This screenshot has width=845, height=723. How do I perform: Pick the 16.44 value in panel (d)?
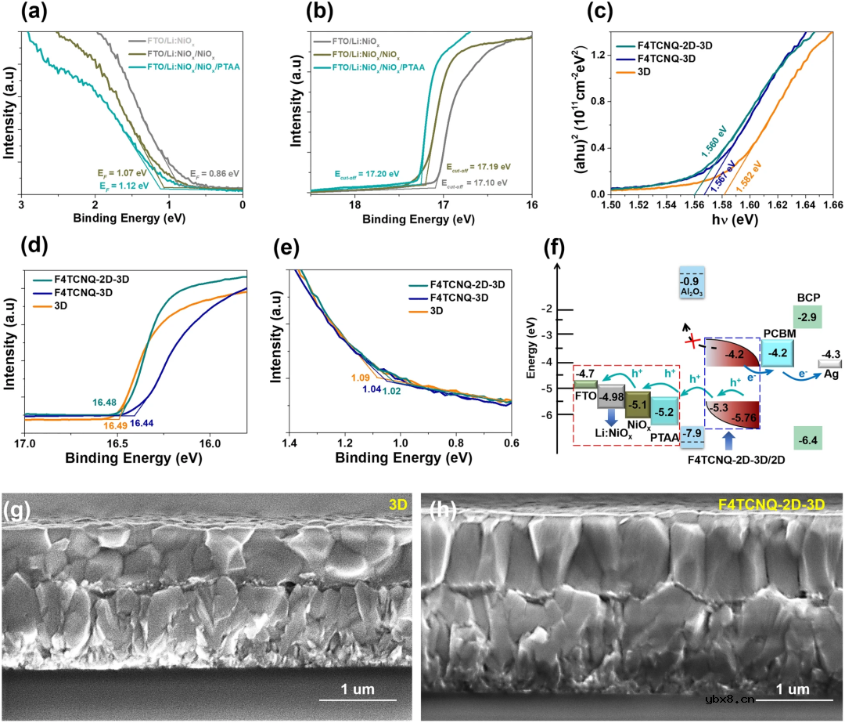(141, 424)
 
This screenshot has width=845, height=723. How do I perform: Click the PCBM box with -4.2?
(778, 353)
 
